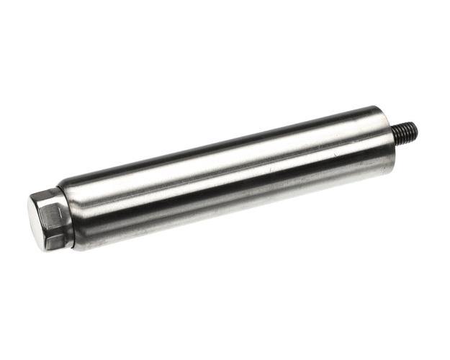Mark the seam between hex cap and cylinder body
coord(72,217)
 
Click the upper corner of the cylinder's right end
coord(379,107)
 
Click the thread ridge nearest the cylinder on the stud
coord(398,135)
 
